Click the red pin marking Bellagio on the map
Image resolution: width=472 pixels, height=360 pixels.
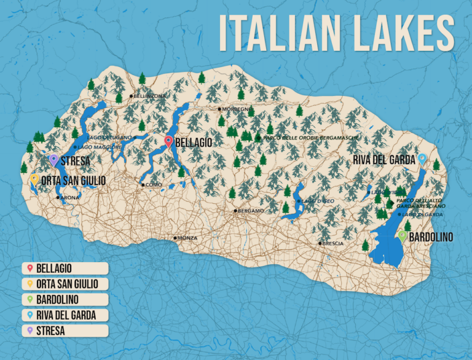pyautogui.click(x=169, y=142)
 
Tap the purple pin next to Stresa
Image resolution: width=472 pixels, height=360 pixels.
pyautogui.click(x=54, y=160)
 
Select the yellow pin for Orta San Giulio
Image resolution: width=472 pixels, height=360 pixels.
pyautogui.click(x=35, y=180)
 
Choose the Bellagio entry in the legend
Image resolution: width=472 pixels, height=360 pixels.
pyautogui.click(x=65, y=268)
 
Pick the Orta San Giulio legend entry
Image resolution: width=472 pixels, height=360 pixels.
pyautogui.click(x=65, y=284)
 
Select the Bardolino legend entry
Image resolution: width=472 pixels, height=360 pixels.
pyautogui.click(x=65, y=299)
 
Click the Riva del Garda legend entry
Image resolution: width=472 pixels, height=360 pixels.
pyautogui.click(x=65, y=315)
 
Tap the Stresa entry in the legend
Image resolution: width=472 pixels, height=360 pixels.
pyautogui.click(x=65, y=331)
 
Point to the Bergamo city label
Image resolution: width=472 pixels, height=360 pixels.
pyautogui.click(x=251, y=211)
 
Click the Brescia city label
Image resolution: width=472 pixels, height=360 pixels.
pyautogui.click(x=333, y=244)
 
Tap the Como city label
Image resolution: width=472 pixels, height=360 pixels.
pyautogui.click(x=153, y=184)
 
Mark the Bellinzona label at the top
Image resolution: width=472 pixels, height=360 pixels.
pyautogui.click(x=150, y=96)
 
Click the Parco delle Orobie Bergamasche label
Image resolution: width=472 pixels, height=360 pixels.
pyautogui.click(x=310, y=138)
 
